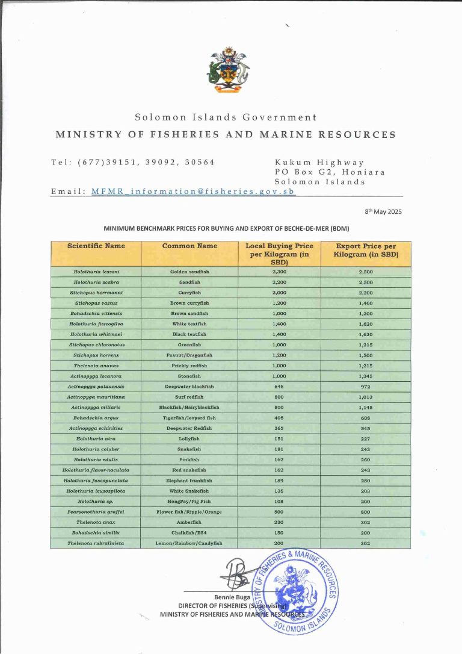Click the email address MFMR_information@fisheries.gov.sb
[x=193, y=191]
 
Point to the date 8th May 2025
[x=383, y=211]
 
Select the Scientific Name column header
[x=96, y=246]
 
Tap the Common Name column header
[x=189, y=246]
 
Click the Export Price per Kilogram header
[x=366, y=250]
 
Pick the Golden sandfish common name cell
[x=189, y=272]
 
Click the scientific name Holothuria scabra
[x=96, y=282]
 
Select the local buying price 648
[x=279, y=386]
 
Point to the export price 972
[x=366, y=386]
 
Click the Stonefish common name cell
[x=189, y=376]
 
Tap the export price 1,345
[x=366, y=376]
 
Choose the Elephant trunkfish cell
[x=189, y=480]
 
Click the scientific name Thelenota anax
[x=96, y=522]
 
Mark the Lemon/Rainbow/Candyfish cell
[x=189, y=543]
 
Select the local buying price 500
[x=279, y=512]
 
